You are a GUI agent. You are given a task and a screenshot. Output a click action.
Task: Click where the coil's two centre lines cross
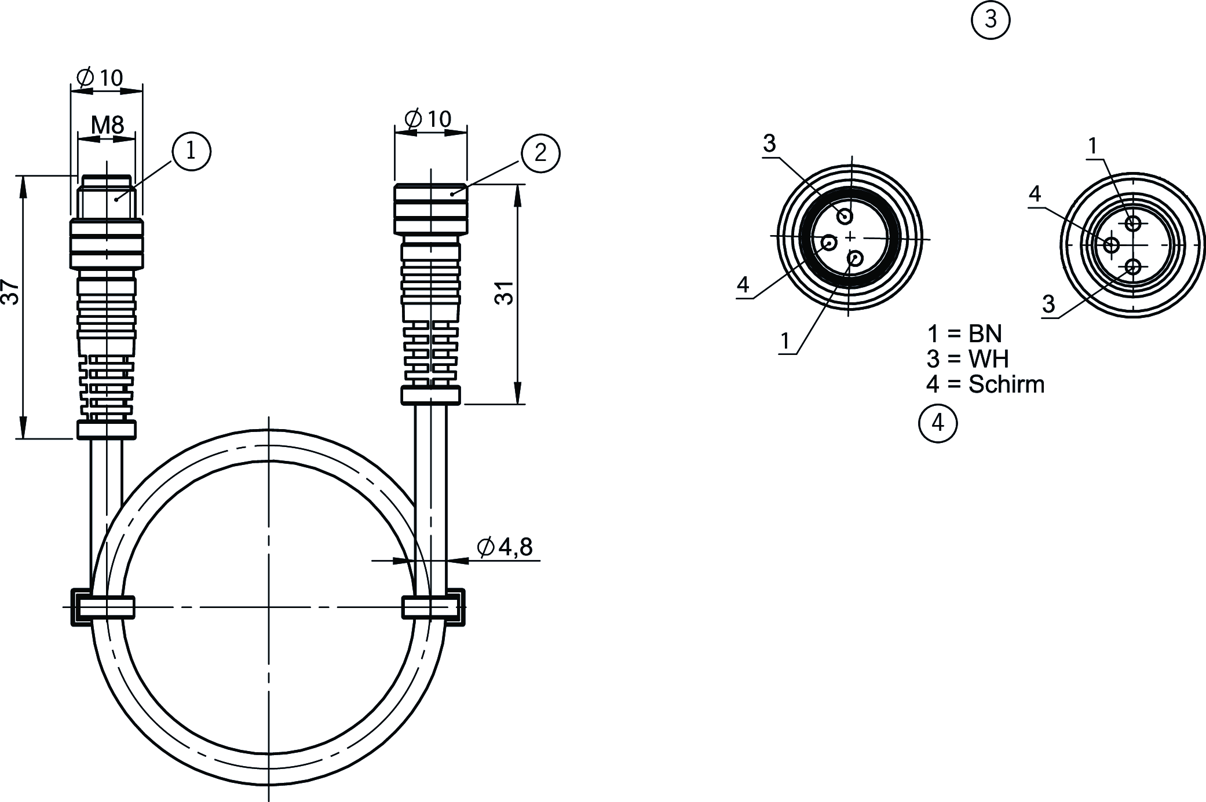click(x=269, y=607)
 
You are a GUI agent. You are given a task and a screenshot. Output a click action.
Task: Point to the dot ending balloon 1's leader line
click(x=117, y=199)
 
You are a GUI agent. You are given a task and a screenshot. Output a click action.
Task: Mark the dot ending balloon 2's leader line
click(x=452, y=194)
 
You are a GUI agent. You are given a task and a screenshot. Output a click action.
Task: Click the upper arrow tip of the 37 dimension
click(x=23, y=176)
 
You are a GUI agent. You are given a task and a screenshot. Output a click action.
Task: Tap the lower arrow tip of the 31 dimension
click(x=517, y=403)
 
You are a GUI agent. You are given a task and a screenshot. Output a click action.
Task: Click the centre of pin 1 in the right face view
click(x=1134, y=223)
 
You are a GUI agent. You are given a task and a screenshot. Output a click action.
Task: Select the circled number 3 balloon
click(x=990, y=20)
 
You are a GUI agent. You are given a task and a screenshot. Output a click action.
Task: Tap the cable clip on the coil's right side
click(x=433, y=607)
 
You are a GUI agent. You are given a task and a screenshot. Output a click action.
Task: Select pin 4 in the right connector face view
click(x=1112, y=245)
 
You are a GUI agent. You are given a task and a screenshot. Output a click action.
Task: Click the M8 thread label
click(x=107, y=125)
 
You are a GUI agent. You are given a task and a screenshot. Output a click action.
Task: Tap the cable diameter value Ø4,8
click(x=505, y=547)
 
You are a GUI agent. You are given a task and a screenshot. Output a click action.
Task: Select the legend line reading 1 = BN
click(x=964, y=334)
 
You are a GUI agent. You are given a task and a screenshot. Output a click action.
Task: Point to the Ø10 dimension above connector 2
click(x=428, y=119)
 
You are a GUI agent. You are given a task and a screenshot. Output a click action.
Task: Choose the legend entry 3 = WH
click(x=967, y=359)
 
